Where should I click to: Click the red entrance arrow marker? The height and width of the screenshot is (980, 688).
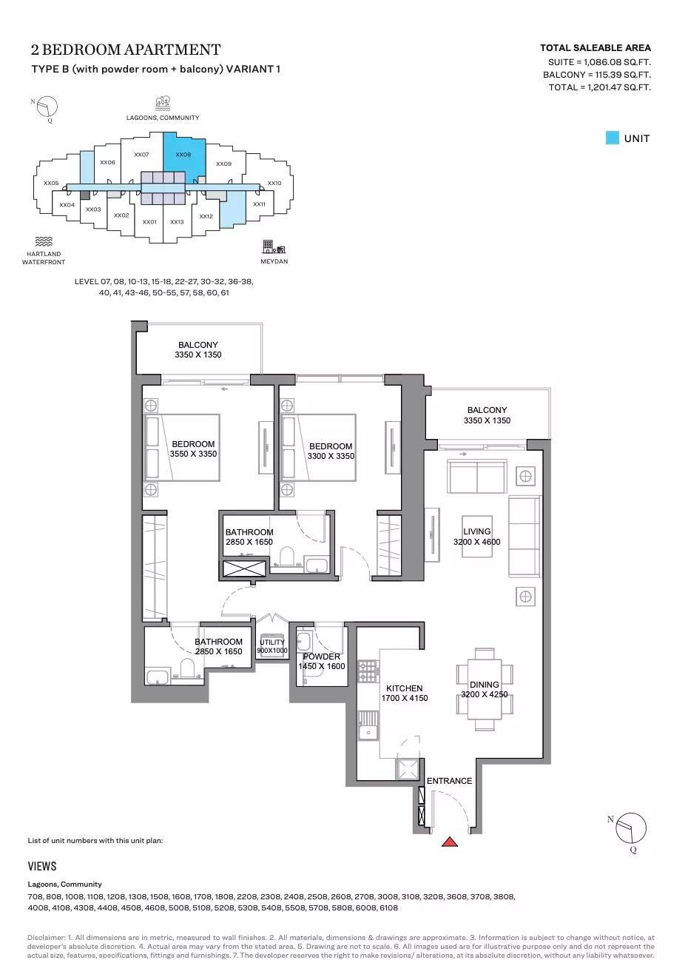pos(449,842)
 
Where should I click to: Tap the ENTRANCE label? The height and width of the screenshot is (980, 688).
pos(449,781)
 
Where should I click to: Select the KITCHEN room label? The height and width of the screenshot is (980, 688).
pos(404,688)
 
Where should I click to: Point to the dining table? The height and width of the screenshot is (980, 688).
pos(484,689)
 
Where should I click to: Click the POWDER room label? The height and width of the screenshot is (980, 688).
pos(322,657)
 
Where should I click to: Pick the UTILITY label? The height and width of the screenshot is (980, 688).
pos(272,642)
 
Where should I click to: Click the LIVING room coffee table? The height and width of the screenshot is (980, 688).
pos(476,537)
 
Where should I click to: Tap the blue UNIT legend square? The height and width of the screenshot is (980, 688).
pos(613,138)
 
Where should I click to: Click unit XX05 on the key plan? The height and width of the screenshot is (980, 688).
pos(51,183)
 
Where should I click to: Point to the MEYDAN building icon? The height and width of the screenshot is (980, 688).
pos(274,246)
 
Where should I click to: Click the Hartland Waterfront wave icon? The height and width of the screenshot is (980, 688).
pos(44,241)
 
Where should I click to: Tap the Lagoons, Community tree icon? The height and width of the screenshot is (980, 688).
pos(163,103)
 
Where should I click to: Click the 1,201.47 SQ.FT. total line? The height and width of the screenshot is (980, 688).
pos(600,87)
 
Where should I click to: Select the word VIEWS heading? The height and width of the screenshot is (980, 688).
pos(42,866)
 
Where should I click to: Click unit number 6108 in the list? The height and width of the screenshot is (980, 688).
pos(389,907)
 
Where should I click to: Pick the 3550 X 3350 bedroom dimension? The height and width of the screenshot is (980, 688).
pos(193,454)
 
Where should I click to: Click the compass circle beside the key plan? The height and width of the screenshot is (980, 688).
pos(47,107)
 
